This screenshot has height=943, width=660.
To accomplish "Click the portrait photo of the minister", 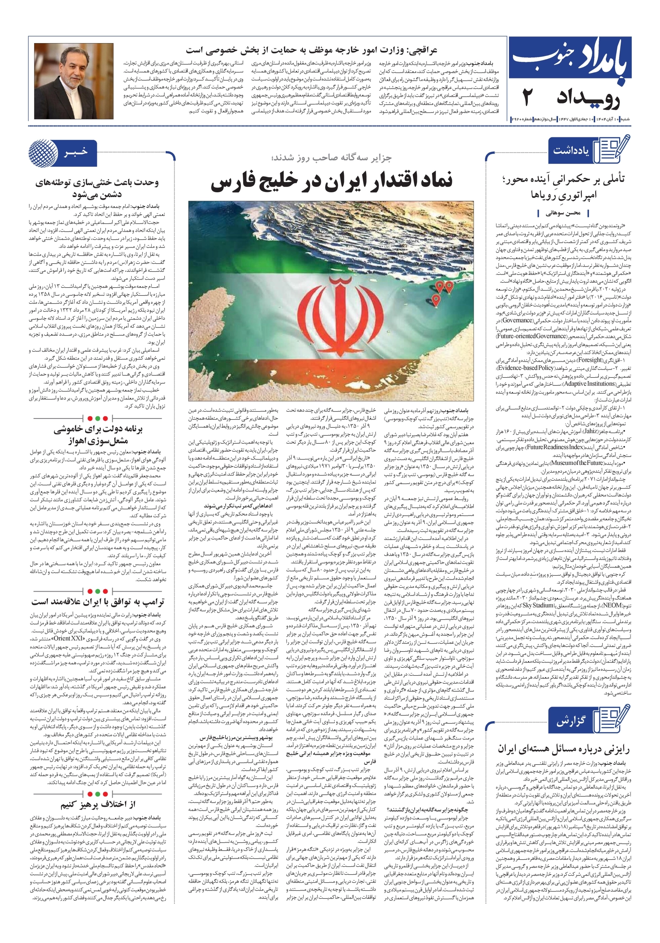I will point(74,81).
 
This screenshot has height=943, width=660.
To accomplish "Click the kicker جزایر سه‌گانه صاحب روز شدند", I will point(331,158).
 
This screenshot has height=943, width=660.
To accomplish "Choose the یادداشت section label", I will point(571,150).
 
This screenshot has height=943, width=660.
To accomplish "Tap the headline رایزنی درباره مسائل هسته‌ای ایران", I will point(564,749).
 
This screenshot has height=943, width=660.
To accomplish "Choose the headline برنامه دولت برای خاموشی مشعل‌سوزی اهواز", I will point(98,435).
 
